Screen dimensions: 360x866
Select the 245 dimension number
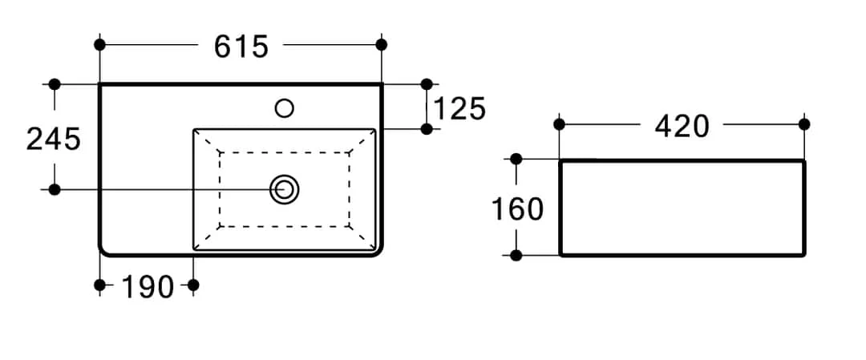[x=54, y=139]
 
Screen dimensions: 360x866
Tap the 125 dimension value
[x=460, y=108]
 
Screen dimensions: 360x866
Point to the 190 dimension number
[x=148, y=286]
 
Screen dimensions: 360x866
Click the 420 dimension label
[x=682, y=126]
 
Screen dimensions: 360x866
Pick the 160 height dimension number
[x=517, y=209]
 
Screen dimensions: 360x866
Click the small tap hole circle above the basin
[x=284, y=107]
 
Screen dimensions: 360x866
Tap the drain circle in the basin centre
[x=284, y=189]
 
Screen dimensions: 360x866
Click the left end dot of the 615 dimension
[x=99, y=44]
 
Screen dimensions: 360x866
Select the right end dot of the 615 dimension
[x=381, y=44]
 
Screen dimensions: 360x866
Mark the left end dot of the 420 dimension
[x=560, y=124]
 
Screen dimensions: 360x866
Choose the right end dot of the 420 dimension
[x=804, y=124]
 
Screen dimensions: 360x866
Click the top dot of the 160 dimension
[x=516, y=160]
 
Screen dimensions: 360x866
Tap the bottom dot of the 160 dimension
[x=516, y=256]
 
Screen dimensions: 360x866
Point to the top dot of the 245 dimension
[x=55, y=84]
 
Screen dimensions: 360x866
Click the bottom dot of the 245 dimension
[x=55, y=189]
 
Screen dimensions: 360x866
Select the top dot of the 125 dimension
[x=427, y=84]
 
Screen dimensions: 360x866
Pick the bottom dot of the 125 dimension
[x=427, y=128]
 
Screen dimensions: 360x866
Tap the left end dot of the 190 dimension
[x=99, y=285]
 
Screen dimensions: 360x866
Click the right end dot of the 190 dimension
[x=192, y=285]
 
